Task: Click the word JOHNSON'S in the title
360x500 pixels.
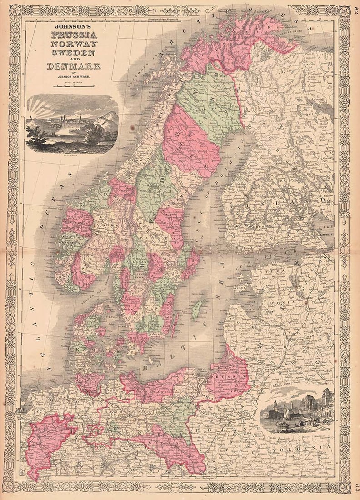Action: pyautogui.click(x=73, y=27)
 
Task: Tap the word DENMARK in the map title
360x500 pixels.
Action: pyautogui.click(x=74, y=66)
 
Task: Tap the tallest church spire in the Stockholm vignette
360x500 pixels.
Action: pyautogui.click(x=65, y=113)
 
